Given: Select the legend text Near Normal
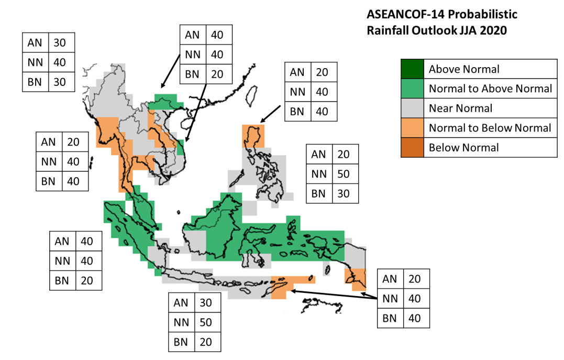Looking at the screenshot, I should click(460, 108).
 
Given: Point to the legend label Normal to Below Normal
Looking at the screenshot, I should click(490, 128).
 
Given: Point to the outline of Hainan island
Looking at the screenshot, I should click(186, 122).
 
